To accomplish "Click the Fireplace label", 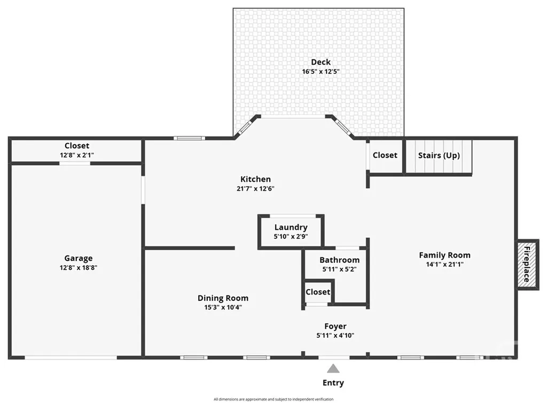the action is pos(527,264).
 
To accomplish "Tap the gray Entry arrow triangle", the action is pos(333,369).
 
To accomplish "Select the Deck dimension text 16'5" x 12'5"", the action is pos(321,72).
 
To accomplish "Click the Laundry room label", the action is pos(291,227).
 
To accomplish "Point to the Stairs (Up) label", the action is pos(439,156).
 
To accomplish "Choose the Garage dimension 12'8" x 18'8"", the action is pos(78,268).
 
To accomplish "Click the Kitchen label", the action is pos(255,179).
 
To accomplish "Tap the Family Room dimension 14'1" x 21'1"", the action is pos(445,264).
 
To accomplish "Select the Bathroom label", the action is pos(339,260).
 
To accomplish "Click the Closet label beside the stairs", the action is pos(385,156).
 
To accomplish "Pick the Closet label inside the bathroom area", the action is pos(318,292).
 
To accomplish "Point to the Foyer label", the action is pos(335,326).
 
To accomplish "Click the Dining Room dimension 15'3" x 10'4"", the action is pos(223,307).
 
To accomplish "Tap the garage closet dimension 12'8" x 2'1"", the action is pos(77,155).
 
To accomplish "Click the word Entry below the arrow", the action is pos(333,383).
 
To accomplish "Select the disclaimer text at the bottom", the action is pos(273,399).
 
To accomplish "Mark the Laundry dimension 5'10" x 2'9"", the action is pos(291,236).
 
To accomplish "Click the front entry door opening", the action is pos(334,357).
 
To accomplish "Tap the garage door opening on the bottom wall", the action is pos(71,357).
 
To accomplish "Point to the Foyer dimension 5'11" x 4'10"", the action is pos(335,335).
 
